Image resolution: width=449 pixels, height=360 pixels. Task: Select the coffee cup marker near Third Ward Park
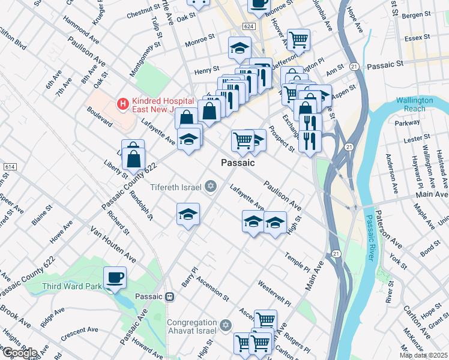click(x=115, y=278)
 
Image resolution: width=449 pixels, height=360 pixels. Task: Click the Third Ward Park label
click(x=72, y=286)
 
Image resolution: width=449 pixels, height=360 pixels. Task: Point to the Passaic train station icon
click(x=170, y=296)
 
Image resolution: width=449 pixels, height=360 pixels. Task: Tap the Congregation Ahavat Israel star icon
click(x=225, y=325)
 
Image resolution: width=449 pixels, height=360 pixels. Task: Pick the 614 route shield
click(x=9, y=166)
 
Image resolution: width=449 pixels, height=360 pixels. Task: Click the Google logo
click(x=19, y=353)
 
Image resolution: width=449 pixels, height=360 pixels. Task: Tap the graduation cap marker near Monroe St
click(x=240, y=48)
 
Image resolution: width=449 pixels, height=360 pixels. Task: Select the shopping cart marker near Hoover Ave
click(x=298, y=40)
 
